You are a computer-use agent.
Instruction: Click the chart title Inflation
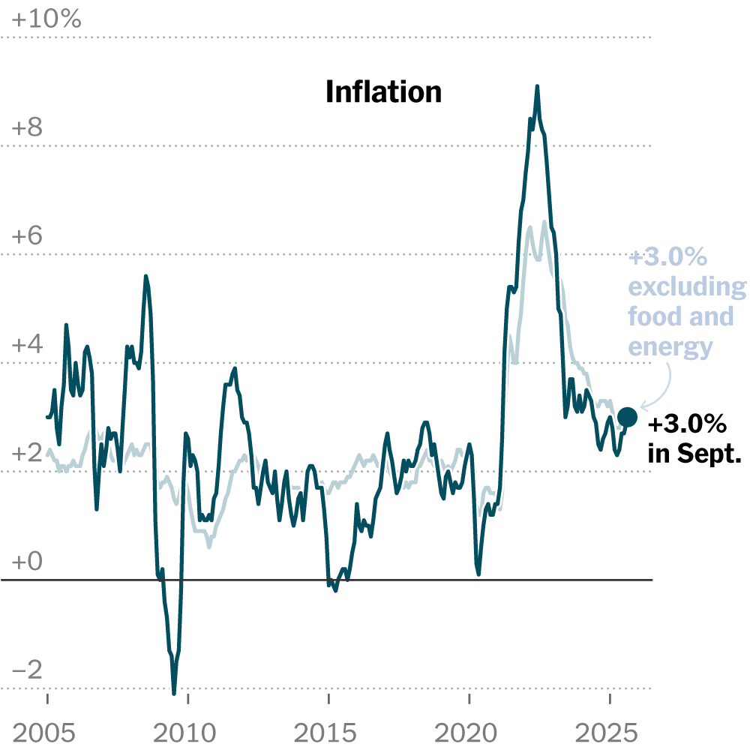click(383, 92)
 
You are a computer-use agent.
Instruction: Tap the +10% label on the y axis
click(46, 19)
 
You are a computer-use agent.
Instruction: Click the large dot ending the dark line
click(627, 417)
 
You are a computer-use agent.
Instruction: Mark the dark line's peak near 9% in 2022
click(537, 87)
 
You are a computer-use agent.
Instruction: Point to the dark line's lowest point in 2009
click(174, 691)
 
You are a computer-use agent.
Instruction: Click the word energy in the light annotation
click(670, 346)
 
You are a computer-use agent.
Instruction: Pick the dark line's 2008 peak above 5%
click(145, 277)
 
